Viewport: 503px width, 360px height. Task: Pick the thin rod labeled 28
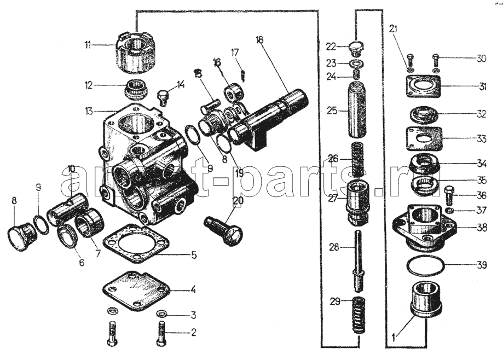tap(358, 260)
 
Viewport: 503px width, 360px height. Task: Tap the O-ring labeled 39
tap(426, 266)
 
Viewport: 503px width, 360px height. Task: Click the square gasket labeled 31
tap(423, 85)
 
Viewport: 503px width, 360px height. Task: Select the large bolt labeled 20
tap(222, 228)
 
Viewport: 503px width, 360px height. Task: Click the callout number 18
tap(259, 39)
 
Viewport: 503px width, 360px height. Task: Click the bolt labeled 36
tap(448, 194)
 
